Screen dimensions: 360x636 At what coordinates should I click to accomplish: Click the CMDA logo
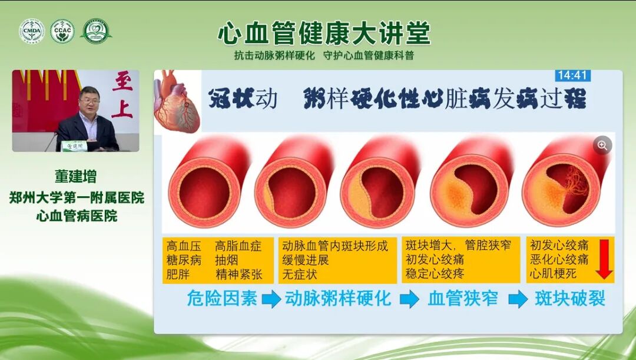click(31, 31)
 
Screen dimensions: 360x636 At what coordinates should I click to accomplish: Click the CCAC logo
click(62, 31)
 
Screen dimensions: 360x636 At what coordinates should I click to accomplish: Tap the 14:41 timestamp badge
click(572, 75)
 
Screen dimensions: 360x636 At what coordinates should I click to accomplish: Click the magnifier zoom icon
click(602, 145)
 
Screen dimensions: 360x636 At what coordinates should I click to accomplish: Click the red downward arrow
click(604, 260)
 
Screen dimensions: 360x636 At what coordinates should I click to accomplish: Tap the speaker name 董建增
click(75, 177)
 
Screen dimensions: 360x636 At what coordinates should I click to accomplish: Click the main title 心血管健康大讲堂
click(324, 34)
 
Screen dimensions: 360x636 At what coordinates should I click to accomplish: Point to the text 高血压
click(183, 246)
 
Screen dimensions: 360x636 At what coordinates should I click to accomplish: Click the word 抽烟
click(227, 260)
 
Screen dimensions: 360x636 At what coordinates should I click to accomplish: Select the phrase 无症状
click(300, 274)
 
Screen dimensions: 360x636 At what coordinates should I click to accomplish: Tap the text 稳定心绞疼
click(435, 274)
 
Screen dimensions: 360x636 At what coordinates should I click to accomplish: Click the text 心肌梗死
click(553, 274)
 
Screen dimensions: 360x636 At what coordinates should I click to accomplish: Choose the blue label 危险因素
click(222, 298)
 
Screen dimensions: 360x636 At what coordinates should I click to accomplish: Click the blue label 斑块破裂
click(570, 298)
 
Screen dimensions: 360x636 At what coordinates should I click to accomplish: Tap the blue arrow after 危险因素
click(271, 299)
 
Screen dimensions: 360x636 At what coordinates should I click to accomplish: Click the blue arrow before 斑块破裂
click(518, 299)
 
